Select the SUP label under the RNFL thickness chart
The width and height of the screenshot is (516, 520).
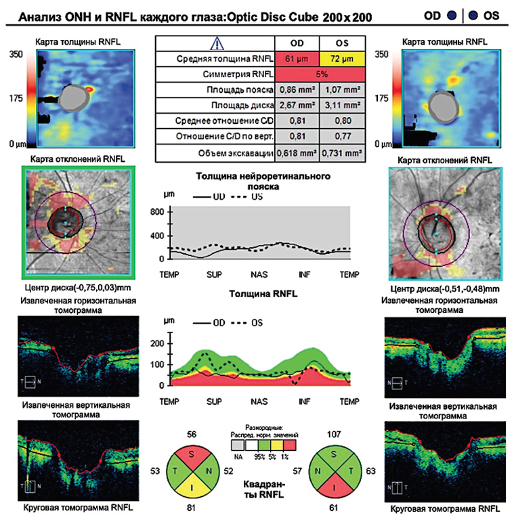(x=215, y=402)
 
